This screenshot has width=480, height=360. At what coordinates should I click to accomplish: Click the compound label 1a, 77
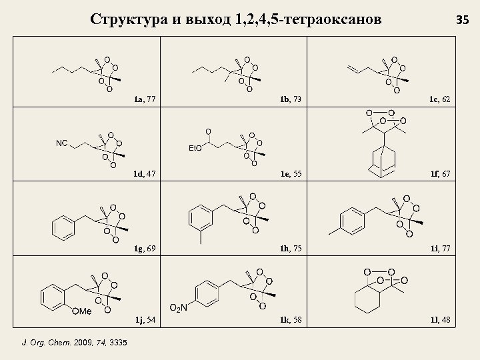click(x=145, y=99)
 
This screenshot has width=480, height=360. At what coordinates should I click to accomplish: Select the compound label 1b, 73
click(x=291, y=99)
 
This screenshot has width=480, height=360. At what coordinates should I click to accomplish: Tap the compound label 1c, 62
click(x=439, y=99)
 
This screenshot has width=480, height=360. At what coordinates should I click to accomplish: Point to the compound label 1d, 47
click(x=145, y=174)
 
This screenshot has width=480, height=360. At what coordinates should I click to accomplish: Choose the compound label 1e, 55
click(x=291, y=174)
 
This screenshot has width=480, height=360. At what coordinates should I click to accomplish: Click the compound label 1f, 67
click(x=439, y=174)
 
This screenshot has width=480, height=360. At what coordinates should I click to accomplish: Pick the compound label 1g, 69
click(x=145, y=249)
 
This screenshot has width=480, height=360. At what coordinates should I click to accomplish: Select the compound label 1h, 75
click(x=291, y=249)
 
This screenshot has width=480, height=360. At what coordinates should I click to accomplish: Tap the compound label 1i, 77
click(x=439, y=249)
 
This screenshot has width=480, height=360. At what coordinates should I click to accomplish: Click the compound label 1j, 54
click(x=145, y=320)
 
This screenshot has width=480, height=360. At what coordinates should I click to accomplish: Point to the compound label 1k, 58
click(x=291, y=320)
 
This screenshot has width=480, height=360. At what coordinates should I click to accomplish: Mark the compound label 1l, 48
click(x=439, y=320)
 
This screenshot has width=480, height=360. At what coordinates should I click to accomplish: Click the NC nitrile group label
click(x=61, y=143)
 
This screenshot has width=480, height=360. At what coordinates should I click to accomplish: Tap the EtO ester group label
click(x=196, y=147)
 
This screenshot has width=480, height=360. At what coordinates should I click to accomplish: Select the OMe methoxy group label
click(x=81, y=311)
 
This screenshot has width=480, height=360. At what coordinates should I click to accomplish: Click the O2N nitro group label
click(x=178, y=307)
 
